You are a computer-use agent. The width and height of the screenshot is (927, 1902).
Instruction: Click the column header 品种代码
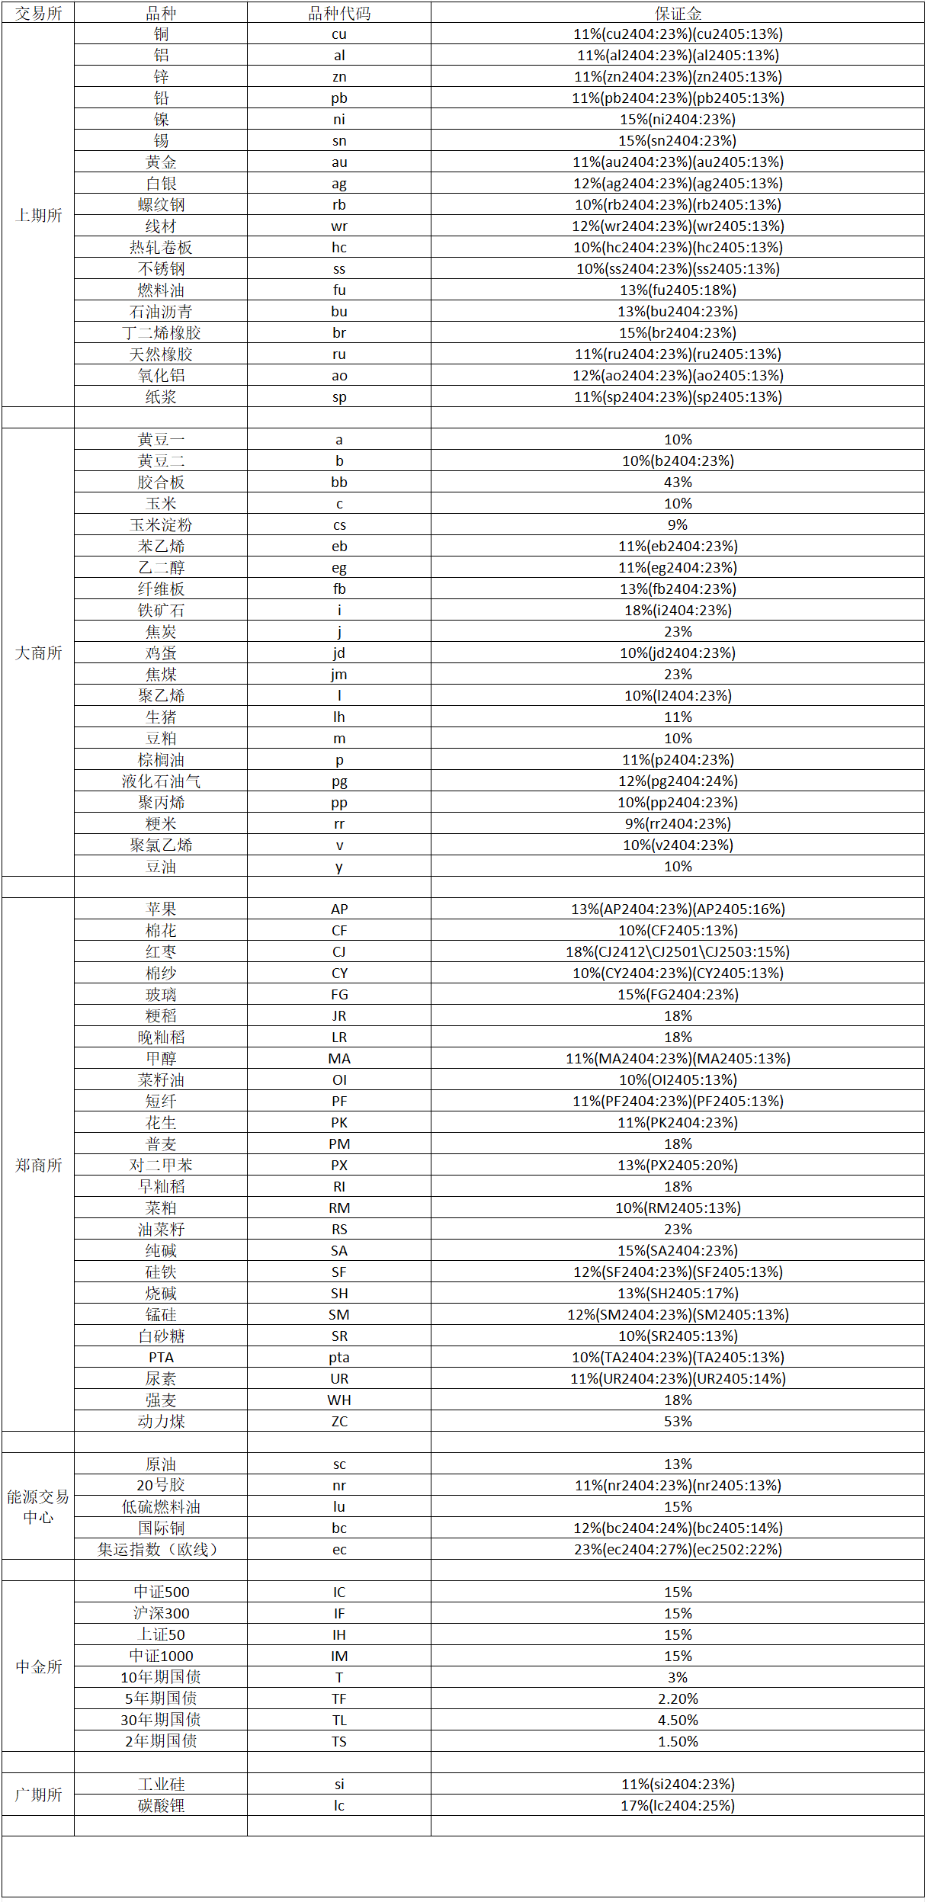pos(339,13)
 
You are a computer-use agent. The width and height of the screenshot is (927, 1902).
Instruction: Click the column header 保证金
pos(678,13)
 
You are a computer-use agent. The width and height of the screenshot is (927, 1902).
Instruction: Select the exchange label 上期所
pos(39,215)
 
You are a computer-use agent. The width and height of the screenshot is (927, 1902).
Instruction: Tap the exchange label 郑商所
pos(39,1165)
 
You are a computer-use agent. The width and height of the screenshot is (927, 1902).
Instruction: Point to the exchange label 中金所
pos(39,1666)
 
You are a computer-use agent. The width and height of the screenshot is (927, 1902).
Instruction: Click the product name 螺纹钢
pos(161,204)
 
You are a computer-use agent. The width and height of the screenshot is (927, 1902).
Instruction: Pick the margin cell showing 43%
pos(678,482)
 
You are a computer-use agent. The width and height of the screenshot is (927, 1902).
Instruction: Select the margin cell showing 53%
pos(678,1421)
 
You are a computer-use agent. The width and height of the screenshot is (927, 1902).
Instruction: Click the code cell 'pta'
pos(339,1357)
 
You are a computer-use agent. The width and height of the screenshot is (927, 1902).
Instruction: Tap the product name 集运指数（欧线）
pos(161,1549)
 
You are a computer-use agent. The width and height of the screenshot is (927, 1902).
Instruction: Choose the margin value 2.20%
pos(678,1698)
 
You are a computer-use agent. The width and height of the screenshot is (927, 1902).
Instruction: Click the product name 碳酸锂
pos(161,1805)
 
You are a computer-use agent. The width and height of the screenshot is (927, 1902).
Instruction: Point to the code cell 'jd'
pos(339,653)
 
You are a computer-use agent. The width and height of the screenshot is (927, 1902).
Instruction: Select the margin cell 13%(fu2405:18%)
pos(678,290)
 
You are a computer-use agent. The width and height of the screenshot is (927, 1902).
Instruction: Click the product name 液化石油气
pos(161,781)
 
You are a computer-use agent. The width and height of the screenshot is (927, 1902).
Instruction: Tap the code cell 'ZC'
pos(339,1421)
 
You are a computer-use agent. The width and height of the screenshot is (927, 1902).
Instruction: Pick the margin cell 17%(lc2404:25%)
pos(678,1805)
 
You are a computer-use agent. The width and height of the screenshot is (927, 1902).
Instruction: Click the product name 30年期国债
pos(161,1720)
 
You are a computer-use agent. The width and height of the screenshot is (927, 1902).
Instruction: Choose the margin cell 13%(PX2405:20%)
pos(678,1165)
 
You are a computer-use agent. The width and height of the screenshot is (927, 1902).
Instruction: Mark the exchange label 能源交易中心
pos(39,1506)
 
